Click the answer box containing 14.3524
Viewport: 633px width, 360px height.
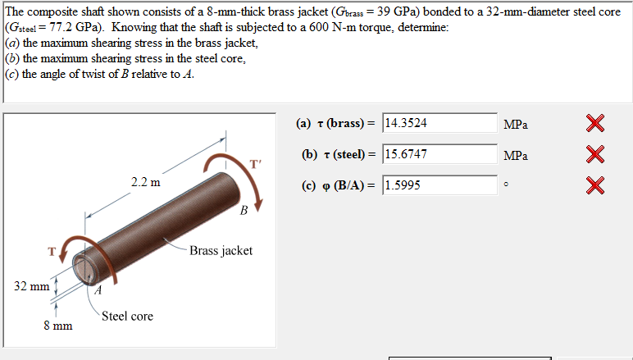point(439,123)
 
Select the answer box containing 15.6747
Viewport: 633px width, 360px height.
point(439,154)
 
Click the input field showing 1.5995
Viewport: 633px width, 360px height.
point(439,185)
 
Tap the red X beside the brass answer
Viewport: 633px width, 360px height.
point(595,123)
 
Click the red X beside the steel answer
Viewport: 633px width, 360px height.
point(595,154)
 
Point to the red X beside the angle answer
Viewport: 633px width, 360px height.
point(595,185)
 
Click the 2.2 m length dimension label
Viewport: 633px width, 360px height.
point(145,182)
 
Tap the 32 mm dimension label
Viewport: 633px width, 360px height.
point(31,286)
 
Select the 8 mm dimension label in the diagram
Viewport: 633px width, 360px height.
point(58,326)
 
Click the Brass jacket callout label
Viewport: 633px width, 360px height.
point(221,251)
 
